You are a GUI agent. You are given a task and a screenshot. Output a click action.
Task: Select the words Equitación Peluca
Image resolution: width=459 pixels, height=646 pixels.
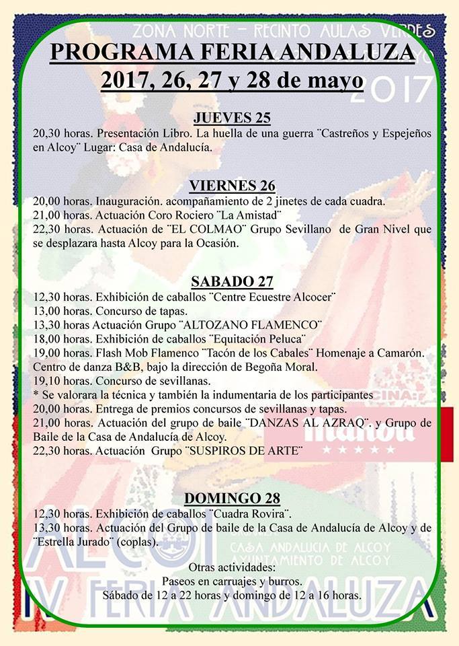[257, 338]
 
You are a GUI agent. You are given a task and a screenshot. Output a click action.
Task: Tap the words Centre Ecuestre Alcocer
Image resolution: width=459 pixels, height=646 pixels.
[278, 296]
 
